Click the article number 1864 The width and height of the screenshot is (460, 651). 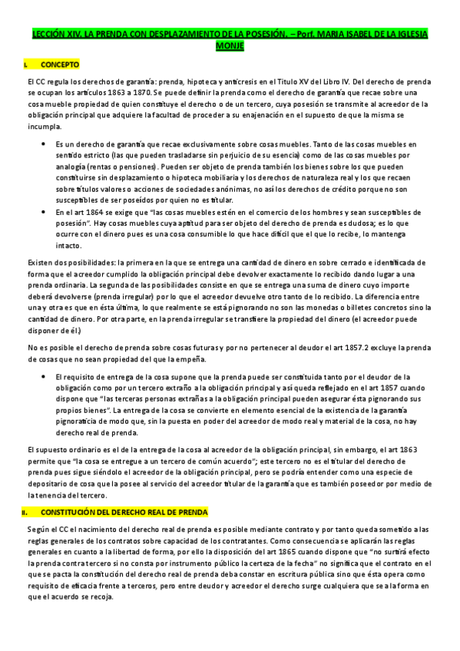(x=95, y=210)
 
